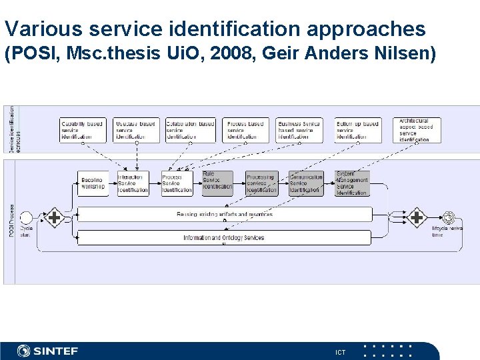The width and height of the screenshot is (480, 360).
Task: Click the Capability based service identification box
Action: point(83,130)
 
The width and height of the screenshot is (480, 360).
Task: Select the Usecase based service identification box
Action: point(137,130)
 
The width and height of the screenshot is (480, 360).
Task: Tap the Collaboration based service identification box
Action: point(191,130)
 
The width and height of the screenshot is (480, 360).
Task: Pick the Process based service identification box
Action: point(246,130)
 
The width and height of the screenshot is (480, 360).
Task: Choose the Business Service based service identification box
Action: point(299,130)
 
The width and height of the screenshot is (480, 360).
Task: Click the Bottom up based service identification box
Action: point(358,130)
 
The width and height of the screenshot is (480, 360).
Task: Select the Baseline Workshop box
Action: point(92,183)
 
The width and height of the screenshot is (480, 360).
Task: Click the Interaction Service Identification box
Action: point(133,183)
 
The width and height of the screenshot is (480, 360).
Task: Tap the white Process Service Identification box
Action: point(177,183)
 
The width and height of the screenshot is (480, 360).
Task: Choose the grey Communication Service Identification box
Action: point(306,183)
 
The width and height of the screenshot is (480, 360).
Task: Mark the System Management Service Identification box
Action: point(351,183)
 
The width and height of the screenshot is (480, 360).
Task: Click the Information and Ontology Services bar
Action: point(224,237)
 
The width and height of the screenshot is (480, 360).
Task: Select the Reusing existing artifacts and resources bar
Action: point(224,214)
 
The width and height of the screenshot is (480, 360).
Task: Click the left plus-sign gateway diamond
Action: point(54,217)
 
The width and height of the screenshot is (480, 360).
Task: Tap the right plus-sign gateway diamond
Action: point(417,217)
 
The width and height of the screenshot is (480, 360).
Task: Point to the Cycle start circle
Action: point(27,218)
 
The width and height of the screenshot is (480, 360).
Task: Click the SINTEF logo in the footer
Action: point(48,351)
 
